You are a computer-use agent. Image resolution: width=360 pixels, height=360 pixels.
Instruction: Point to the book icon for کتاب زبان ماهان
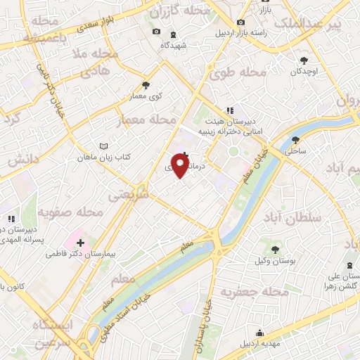[105, 147]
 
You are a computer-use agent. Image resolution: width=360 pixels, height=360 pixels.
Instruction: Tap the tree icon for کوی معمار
[146, 84]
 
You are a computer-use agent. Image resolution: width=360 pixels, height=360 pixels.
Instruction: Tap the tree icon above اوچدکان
[304, 60]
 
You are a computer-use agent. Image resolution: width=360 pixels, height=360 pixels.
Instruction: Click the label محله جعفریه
[255, 291]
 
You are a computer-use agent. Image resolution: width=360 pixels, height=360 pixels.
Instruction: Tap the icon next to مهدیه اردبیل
[260, 333]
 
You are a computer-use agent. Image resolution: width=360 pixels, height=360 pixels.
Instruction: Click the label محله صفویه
[70, 211]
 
